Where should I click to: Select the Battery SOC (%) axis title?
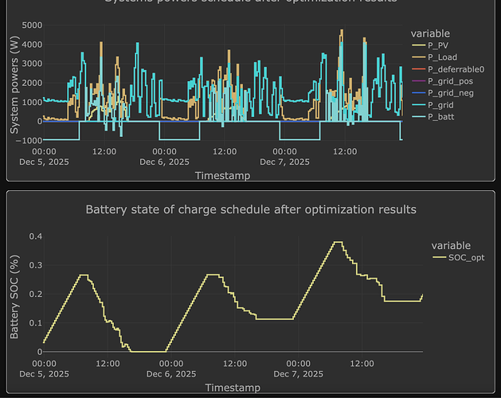pyautogui.click(x=14, y=294)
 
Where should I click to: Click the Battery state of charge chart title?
pyautogui.click(x=250, y=210)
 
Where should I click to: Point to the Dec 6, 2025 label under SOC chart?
pyautogui.click(x=164, y=373)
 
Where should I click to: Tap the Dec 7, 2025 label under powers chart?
pyautogui.click(x=284, y=162)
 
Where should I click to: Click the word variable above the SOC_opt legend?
pyautogui.click(x=451, y=245)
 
